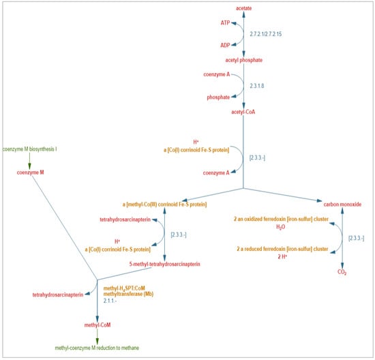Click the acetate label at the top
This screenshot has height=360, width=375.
pos(243,7)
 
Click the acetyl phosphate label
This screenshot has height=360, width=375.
pos(243,61)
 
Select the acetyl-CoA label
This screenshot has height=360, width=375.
pos(243,112)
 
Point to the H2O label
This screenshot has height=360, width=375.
pos(281,228)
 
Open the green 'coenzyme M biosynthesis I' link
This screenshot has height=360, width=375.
pos(29,149)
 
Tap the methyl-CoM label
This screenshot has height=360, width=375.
pos(97,326)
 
